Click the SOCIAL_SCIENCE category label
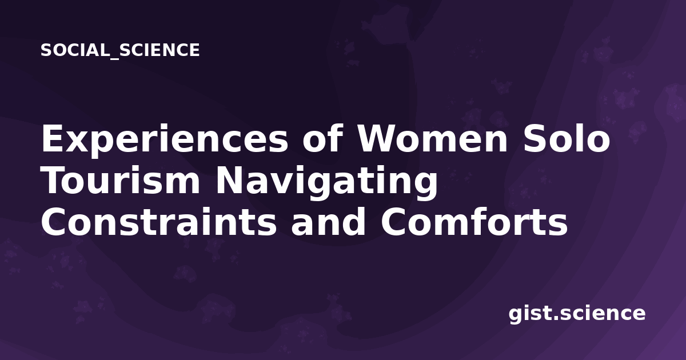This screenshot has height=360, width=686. point(120,50)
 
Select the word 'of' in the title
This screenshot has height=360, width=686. point(322,138)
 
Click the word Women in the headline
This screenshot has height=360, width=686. point(432,139)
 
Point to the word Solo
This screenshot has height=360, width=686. point(567,138)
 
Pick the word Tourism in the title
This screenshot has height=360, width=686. point(121,181)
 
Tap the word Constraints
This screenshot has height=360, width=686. point(159,222)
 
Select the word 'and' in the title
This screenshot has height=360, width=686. point(328,221)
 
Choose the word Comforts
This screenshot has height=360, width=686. point(474,221)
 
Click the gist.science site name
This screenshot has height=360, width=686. point(577,314)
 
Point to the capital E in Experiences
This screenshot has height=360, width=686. point(53,139)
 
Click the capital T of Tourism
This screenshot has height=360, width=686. point(54,181)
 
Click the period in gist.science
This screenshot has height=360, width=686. point(556,318)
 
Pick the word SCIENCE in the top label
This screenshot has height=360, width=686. point(159,50)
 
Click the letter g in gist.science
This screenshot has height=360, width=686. point(516,315)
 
